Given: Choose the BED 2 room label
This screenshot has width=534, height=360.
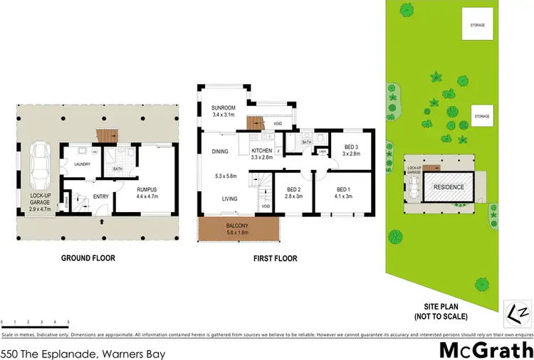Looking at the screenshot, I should [295, 189].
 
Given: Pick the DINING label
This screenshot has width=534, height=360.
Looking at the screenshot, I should [220, 151].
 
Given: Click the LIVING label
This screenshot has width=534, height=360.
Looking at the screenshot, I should [229, 199].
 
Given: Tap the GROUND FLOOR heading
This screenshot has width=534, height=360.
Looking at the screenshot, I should [88, 258].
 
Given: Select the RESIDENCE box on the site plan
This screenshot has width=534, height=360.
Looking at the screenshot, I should [449, 187].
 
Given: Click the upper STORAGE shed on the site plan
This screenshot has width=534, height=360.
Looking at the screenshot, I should [476, 25].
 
